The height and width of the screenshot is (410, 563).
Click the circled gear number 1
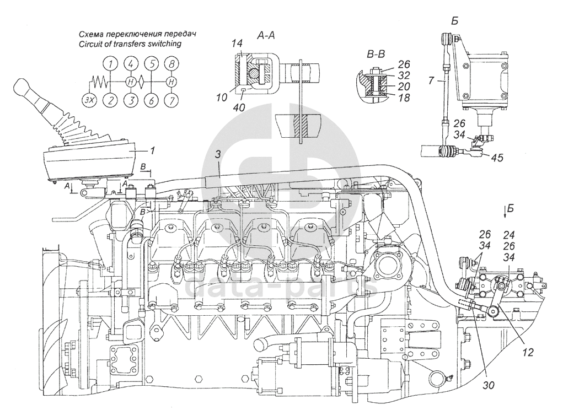[x=111, y=64]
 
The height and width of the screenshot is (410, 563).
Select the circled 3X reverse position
[x=90, y=100]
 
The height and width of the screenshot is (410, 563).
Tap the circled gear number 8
[x=172, y=64]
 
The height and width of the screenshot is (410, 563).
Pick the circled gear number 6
[x=152, y=100]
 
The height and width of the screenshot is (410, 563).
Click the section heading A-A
[x=266, y=35]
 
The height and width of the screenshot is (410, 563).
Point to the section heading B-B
[x=376, y=54]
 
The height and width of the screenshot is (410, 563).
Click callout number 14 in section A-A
[x=237, y=44]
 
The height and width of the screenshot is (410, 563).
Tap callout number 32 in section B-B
[x=404, y=75]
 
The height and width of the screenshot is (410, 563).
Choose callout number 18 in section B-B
[x=404, y=97]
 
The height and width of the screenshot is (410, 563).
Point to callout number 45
[x=497, y=158]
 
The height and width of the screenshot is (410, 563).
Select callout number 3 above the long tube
[x=218, y=154]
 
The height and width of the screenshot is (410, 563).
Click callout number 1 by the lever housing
[x=152, y=150]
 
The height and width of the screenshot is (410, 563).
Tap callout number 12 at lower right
[x=528, y=352]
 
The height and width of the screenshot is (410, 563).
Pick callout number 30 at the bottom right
[x=489, y=385]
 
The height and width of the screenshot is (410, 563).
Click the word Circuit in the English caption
[x=90, y=44]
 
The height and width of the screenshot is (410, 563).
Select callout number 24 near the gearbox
[x=509, y=235]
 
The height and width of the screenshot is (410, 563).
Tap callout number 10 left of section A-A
[x=222, y=97]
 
